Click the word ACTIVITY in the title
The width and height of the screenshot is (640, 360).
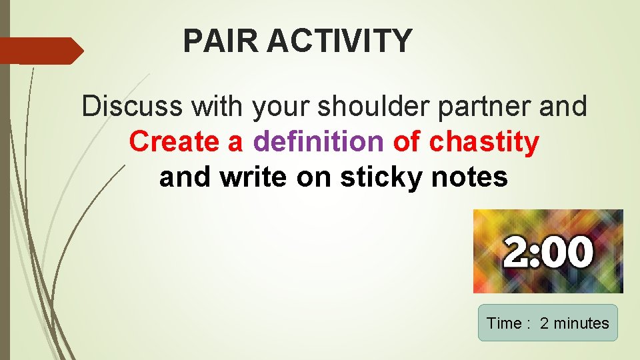tap(340, 41)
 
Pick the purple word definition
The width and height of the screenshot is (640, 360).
tap(319, 141)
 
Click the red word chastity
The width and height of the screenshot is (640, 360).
tap(485, 143)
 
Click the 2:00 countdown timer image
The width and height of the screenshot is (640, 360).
tap(548, 251)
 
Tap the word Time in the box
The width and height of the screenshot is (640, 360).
tap(504, 323)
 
